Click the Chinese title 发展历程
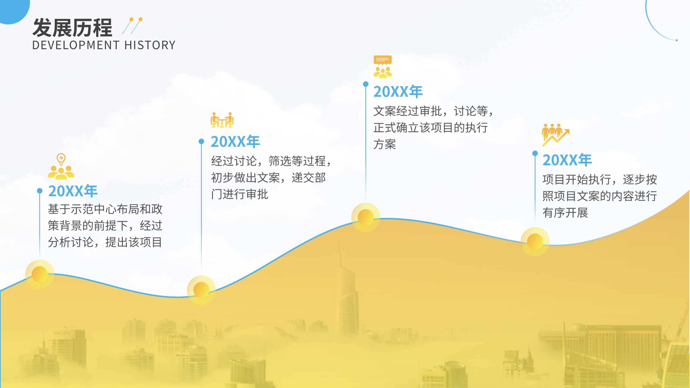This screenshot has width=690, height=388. click(x=72, y=28)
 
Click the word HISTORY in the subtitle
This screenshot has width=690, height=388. click(x=150, y=45)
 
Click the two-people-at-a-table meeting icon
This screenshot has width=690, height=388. click(x=222, y=120)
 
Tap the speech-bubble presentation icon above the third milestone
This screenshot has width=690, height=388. click(x=382, y=67)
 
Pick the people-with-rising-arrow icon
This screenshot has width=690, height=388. click(x=555, y=135)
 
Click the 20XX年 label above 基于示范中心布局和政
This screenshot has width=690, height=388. click(x=73, y=191)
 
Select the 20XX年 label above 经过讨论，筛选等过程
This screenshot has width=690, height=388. click(x=235, y=142)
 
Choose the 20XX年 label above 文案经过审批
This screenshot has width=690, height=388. click(x=398, y=92)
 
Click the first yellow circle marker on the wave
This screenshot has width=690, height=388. click(x=40, y=274)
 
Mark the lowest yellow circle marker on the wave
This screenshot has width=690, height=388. click(x=201, y=290)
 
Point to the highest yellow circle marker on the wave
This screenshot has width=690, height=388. click(x=366, y=217)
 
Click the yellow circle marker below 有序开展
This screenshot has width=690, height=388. click(x=535, y=241)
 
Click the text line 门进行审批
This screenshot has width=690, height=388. click(x=240, y=194)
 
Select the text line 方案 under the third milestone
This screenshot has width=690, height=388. click(x=385, y=144)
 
